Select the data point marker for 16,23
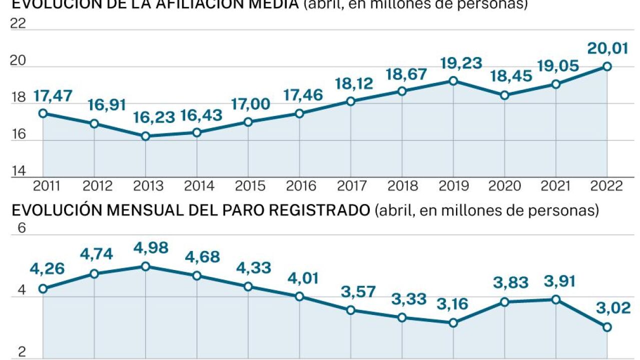coord(146,136)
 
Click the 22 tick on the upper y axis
coord(18,23)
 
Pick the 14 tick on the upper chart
coord(18,171)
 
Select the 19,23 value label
coord(461,63)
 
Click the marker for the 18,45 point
coord(505,95)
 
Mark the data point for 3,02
coord(607,327)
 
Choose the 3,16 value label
coord(451,304)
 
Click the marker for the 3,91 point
coord(556,299)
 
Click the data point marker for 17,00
coord(248,121)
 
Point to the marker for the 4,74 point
coord(95,273)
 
